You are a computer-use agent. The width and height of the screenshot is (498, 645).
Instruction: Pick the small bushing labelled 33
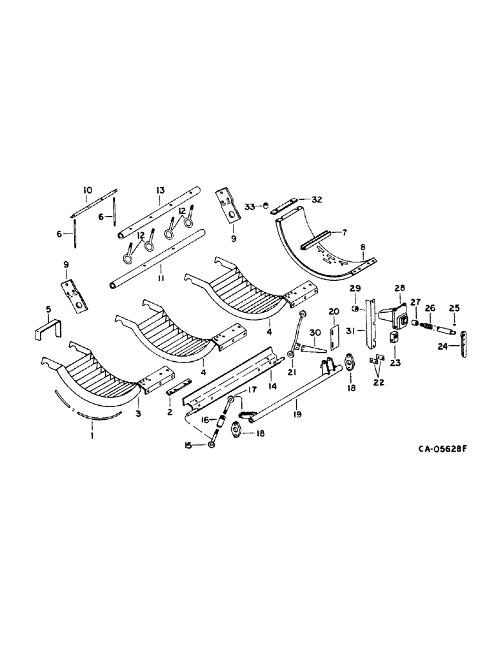point(264,206)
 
